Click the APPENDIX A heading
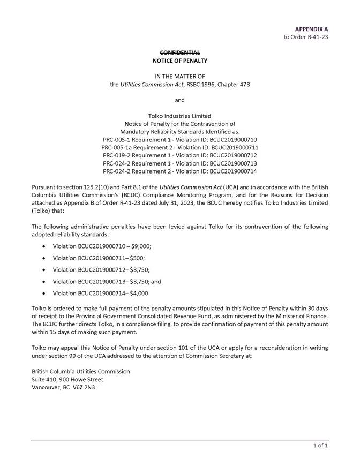pos(311,28)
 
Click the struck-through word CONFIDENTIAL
pos(180,52)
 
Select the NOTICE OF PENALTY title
pos(180,61)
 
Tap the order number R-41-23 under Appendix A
pos(316,37)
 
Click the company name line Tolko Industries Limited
pos(180,116)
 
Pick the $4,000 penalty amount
pos(139,293)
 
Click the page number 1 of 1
pos(320,445)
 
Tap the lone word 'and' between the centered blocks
pos(180,100)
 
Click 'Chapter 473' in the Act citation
pos(232,84)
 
